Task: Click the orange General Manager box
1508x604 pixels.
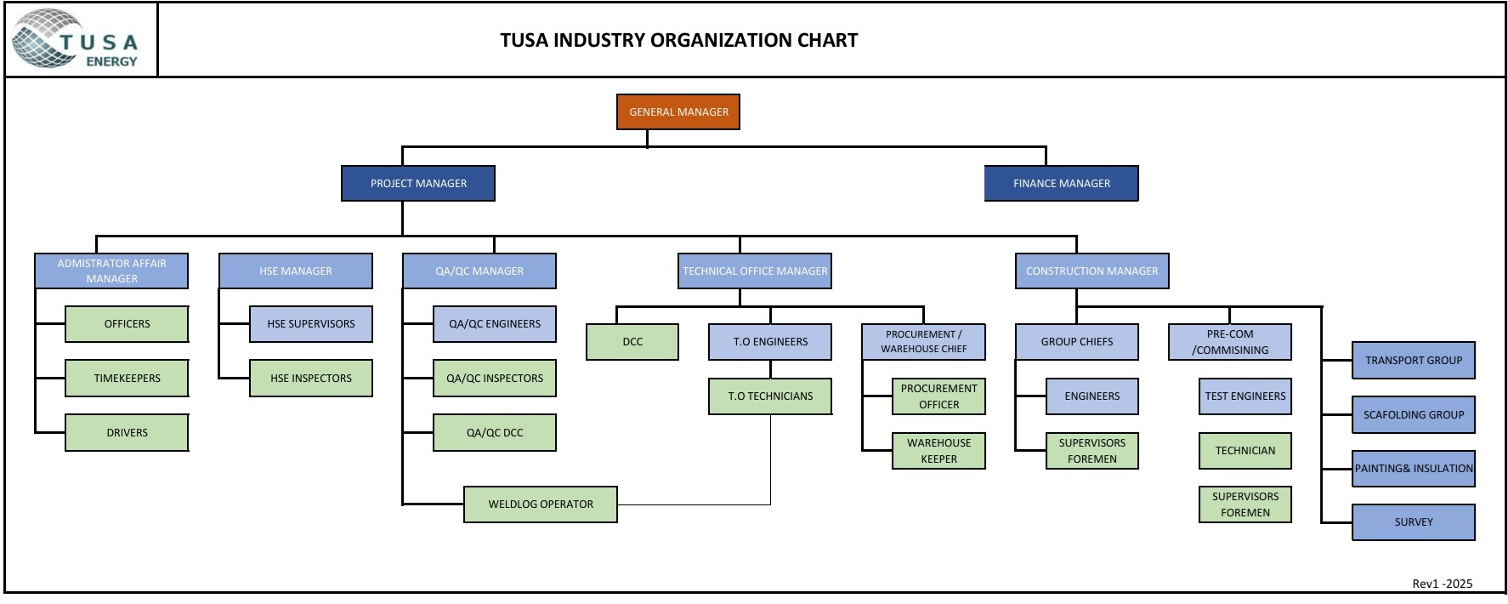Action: point(678,112)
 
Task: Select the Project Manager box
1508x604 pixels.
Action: point(418,184)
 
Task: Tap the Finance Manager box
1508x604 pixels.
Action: point(1061,184)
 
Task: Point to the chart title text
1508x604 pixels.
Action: point(678,40)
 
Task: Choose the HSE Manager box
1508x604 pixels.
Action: point(295,271)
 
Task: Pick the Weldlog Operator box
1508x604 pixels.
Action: point(541,504)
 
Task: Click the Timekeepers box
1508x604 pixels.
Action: point(127,379)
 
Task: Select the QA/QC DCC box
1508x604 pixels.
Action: point(495,433)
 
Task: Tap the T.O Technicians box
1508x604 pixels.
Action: point(770,396)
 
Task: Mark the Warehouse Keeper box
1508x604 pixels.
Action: point(938,451)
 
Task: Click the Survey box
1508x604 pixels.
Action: point(1413,522)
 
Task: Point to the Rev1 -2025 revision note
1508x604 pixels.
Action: point(1442,584)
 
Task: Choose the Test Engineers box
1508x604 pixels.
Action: point(1244,396)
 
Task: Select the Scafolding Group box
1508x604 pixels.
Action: point(1413,415)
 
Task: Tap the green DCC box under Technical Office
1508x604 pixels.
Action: point(632,342)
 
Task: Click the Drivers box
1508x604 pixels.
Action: point(127,433)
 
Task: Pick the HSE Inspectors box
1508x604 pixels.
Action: point(310,379)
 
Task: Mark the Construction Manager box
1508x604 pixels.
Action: point(1091,271)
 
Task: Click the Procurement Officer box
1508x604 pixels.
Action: point(938,396)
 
